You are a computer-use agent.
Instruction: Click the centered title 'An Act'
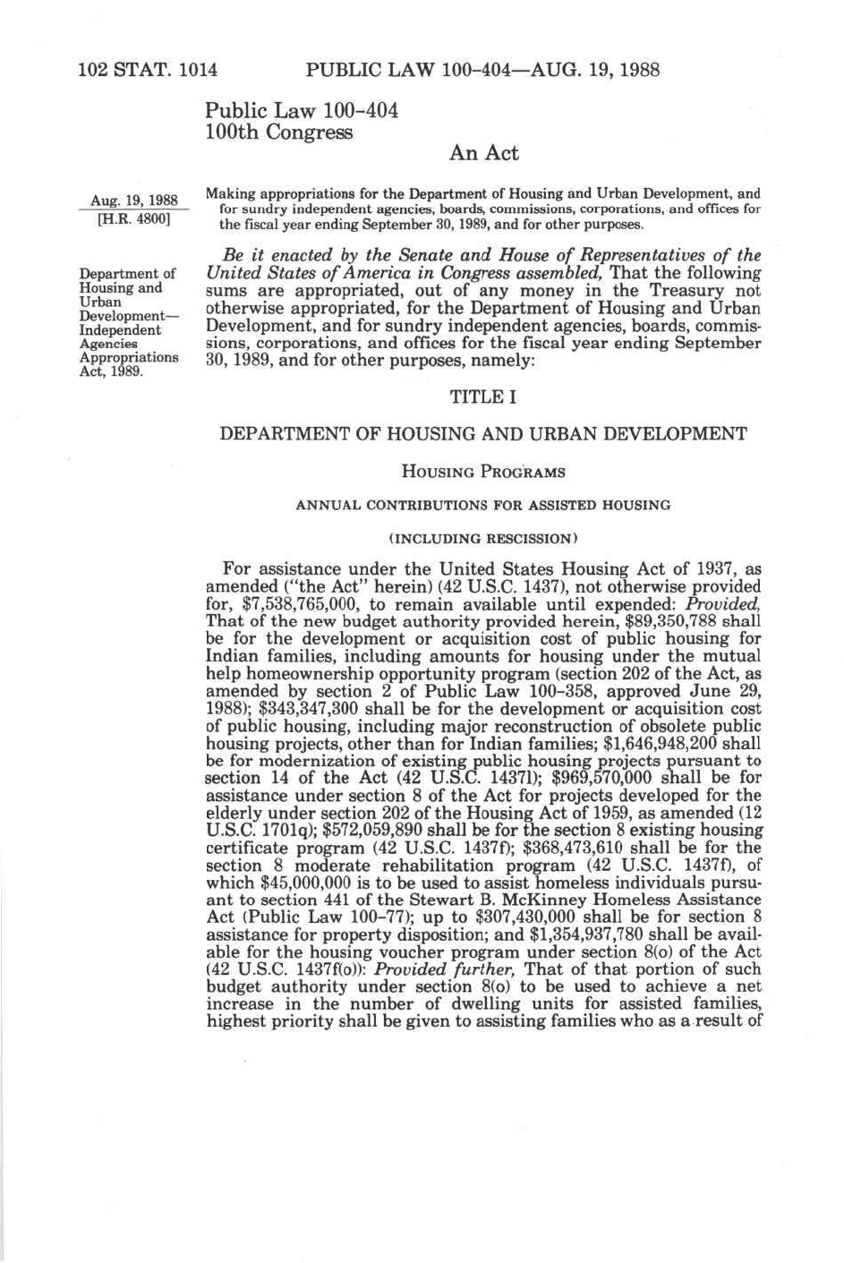[483, 153]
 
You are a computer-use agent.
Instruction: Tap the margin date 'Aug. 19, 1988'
[133, 200]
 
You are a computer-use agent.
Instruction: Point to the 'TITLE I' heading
[482, 397]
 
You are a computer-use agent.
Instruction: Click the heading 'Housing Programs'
[483, 471]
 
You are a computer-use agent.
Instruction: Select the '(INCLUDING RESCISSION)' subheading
[483, 539]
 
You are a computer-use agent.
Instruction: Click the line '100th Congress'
[278, 132]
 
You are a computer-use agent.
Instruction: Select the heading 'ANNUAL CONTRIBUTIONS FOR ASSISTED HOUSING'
[483, 505]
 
